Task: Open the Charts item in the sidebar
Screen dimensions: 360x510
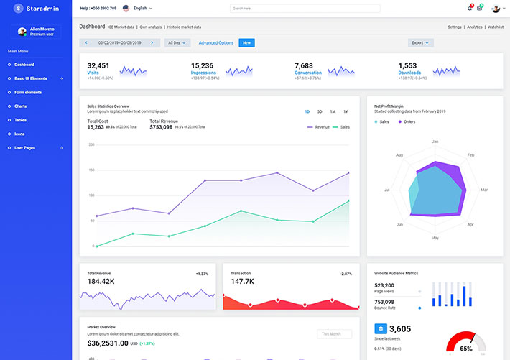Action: pyautogui.click(x=20, y=106)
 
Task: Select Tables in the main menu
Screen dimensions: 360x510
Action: pyautogui.click(x=20, y=120)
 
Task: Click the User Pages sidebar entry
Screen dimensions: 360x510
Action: pyautogui.click(x=25, y=148)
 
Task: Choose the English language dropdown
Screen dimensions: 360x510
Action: pyautogui.click(x=140, y=8)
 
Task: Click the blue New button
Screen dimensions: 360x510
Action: pyautogui.click(x=246, y=43)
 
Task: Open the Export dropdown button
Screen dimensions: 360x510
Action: pyautogui.click(x=420, y=43)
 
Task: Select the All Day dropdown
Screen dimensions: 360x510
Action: pyautogui.click(x=177, y=43)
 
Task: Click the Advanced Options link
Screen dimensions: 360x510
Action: pyautogui.click(x=216, y=43)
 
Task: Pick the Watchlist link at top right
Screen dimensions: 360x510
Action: pyautogui.click(x=496, y=27)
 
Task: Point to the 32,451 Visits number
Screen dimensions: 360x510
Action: pyautogui.click(x=98, y=65)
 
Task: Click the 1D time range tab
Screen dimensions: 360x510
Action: pyautogui.click(x=307, y=111)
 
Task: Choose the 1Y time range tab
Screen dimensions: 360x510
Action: pyautogui.click(x=346, y=111)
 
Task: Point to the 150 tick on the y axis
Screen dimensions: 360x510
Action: pyautogui.click(x=91, y=170)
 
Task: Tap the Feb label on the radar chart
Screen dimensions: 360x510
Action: pyautogui.click(x=470, y=154)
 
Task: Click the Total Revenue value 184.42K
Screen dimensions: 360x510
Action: pyautogui.click(x=101, y=282)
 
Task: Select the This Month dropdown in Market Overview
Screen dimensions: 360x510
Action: pyautogui.click(x=334, y=334)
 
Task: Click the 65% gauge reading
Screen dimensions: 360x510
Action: pyautogui.click(x=466, y=349)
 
